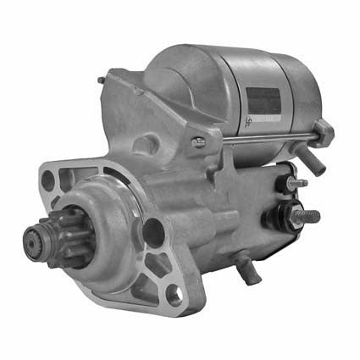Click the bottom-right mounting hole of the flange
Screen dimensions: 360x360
174,296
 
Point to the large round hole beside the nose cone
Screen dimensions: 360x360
152,230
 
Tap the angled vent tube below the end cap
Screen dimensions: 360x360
315,163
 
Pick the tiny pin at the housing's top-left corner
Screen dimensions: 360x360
102,80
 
